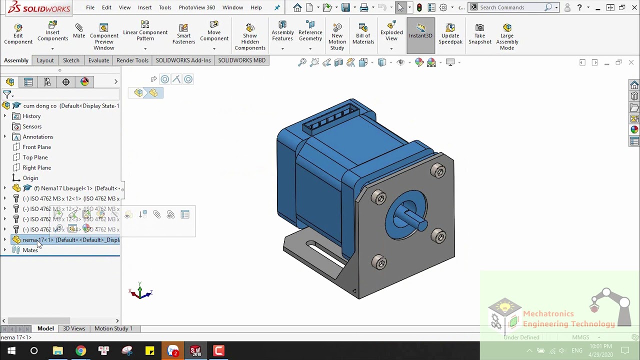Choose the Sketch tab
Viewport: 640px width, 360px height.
tap(71, 60)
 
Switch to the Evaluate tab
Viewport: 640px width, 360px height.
tap(98, 60)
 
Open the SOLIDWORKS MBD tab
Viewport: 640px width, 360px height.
tap(241, 60)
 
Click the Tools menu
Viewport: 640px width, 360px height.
tap(165, 7)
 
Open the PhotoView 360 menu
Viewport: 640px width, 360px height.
tap(196, 7)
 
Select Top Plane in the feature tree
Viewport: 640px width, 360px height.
tap(35, 157)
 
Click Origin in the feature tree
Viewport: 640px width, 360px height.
tap(30, 178)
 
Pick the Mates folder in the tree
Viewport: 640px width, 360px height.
tap(30, 250)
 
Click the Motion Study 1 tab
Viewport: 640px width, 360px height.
tap(113, 328)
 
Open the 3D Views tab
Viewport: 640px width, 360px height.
tap(74, 328)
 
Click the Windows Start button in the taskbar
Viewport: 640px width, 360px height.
tap(11, 351)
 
